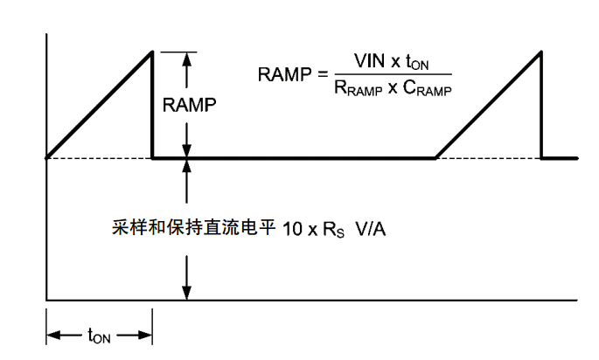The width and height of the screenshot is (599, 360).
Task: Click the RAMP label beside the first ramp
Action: click(189, 106)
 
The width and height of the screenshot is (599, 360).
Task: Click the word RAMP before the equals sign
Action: click(284, 74)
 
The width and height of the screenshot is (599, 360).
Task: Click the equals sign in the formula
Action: click(321, 74)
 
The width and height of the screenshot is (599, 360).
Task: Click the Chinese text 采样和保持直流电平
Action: click(190, 227)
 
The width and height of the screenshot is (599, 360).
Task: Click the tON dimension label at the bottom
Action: click(100, 335)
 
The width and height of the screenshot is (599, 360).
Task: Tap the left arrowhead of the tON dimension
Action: click(52, 334)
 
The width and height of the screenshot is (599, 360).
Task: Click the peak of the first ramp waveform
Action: click(152, 52)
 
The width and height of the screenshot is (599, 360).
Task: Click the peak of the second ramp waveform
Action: click(542, 52)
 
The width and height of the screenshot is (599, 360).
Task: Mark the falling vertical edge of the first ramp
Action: click(153, 105)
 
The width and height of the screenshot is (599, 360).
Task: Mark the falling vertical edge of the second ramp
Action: click(542, 105)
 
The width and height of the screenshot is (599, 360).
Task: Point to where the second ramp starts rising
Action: click(436, 158)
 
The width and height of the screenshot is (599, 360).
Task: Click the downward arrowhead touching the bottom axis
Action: click(186, 294)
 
